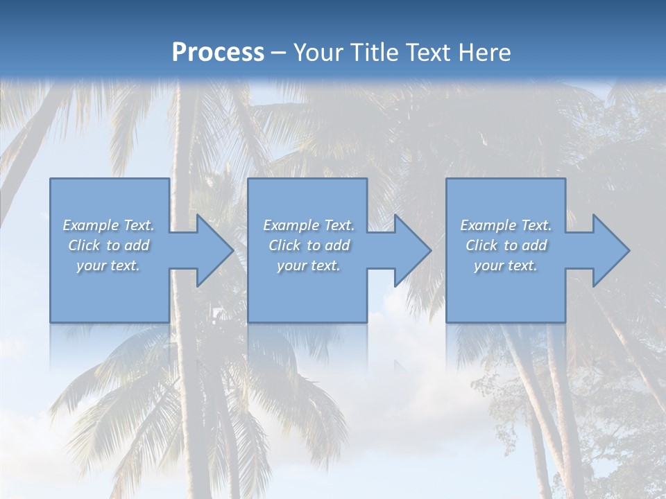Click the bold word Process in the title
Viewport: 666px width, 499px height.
tap(218, 53)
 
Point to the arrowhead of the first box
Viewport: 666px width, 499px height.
tap(215, 250)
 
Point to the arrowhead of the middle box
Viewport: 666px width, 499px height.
tap(413, 250)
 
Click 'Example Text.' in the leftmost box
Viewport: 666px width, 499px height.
tap(108, 225)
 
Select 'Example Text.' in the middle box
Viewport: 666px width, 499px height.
tap(308, 225)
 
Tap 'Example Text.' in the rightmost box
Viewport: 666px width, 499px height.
tap(506, 225)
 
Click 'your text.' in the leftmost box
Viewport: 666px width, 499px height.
tap(108, 265)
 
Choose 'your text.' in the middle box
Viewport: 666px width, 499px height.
tap(308, 265)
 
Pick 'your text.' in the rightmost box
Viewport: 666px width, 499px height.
tap(506, 265)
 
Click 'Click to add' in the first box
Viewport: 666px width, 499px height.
tap(108, 245)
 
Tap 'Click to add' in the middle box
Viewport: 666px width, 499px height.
tap(308, 245)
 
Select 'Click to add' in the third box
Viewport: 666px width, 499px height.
tap(506, 245)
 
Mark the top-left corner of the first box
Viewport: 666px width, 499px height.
tap(51, 179)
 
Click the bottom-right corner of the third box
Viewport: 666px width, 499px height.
tap(565, 322)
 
